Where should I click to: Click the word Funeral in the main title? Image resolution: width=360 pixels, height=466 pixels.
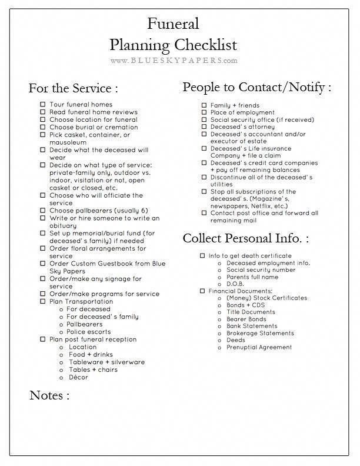(173, 24)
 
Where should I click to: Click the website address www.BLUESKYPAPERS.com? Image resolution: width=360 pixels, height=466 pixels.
(174, 60)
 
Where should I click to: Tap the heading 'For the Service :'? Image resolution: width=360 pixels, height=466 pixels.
(73, 88)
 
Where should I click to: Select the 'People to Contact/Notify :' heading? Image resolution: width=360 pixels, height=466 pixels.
(256, 87)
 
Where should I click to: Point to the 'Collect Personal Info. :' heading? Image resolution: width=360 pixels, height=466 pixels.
(245, 238)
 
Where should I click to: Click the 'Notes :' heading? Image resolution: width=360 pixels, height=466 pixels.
(49, 395)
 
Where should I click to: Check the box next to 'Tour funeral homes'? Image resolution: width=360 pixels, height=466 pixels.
(43, 105)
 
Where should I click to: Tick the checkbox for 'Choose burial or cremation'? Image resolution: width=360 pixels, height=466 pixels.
(43, 127)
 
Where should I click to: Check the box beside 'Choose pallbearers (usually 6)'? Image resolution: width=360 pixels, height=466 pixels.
(43, 211)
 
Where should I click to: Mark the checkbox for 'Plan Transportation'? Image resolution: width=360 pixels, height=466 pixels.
(43, 302)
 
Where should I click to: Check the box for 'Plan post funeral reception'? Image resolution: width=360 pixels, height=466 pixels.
(43, 339)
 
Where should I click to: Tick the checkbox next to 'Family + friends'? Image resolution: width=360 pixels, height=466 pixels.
(204, 105)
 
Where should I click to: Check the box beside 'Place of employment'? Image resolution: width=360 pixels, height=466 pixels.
(204, 112)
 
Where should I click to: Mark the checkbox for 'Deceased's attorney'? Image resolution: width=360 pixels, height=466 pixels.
(204, 127)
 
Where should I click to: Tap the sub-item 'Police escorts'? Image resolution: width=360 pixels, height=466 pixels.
(88, 332)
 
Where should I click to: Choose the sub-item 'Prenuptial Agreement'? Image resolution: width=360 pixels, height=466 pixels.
(259, 347)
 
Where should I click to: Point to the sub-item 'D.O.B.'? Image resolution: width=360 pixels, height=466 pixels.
(236, 284)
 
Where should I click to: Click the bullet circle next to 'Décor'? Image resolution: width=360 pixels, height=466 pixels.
(62, 377)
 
